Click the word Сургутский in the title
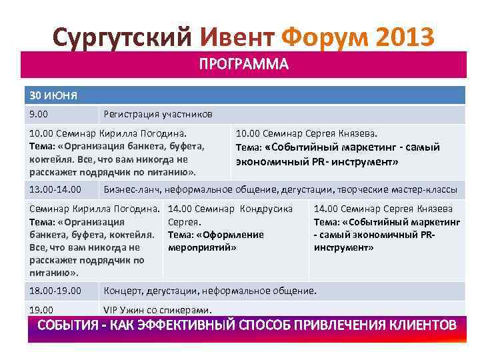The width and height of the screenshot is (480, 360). pos(122,36)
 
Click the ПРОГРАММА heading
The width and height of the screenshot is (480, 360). pos(243,65)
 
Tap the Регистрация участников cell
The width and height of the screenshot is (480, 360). pos(158,114)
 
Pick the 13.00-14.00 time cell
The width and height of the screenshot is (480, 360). pos(55,189)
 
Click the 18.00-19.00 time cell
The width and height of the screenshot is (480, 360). pos(55,291)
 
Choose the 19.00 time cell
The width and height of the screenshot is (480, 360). pos(41,309)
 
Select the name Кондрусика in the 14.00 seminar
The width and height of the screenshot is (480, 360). pos(266,209)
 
